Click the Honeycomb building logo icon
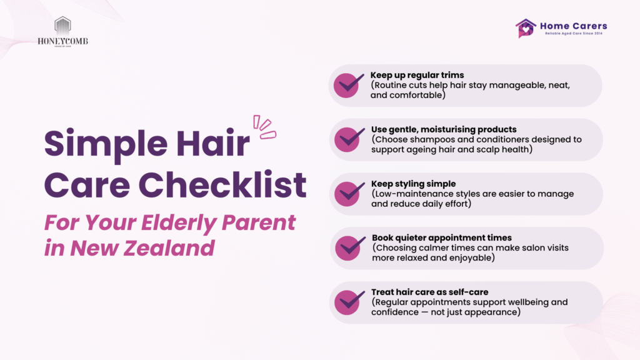[62, 26]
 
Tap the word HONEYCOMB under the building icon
[62, 41]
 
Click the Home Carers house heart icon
[525, 28]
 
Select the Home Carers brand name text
[574, 26]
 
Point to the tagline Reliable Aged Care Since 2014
[574, 34]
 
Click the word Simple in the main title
[106, 144]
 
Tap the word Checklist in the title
[222, 185]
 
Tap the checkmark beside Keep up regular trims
[349, 85]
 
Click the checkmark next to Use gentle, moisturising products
[349, 139]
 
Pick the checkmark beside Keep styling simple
[349, 194]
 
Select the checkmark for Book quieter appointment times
[350, 247]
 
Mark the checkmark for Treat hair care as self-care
[349, 302]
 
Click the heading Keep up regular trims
[417, 75]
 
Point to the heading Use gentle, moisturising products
[444, 129]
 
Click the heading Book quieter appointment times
[442, 238]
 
